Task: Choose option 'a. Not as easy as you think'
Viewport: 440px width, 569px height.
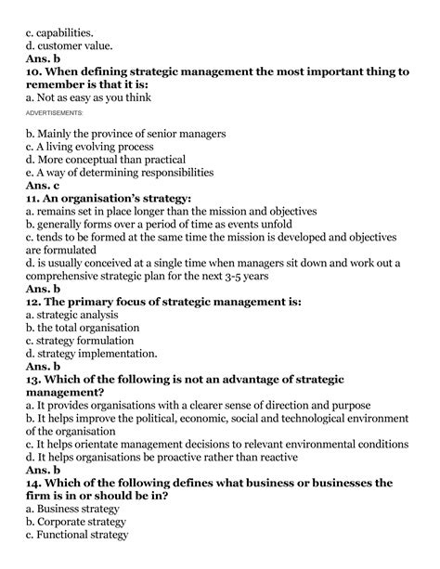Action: (87, 97)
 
